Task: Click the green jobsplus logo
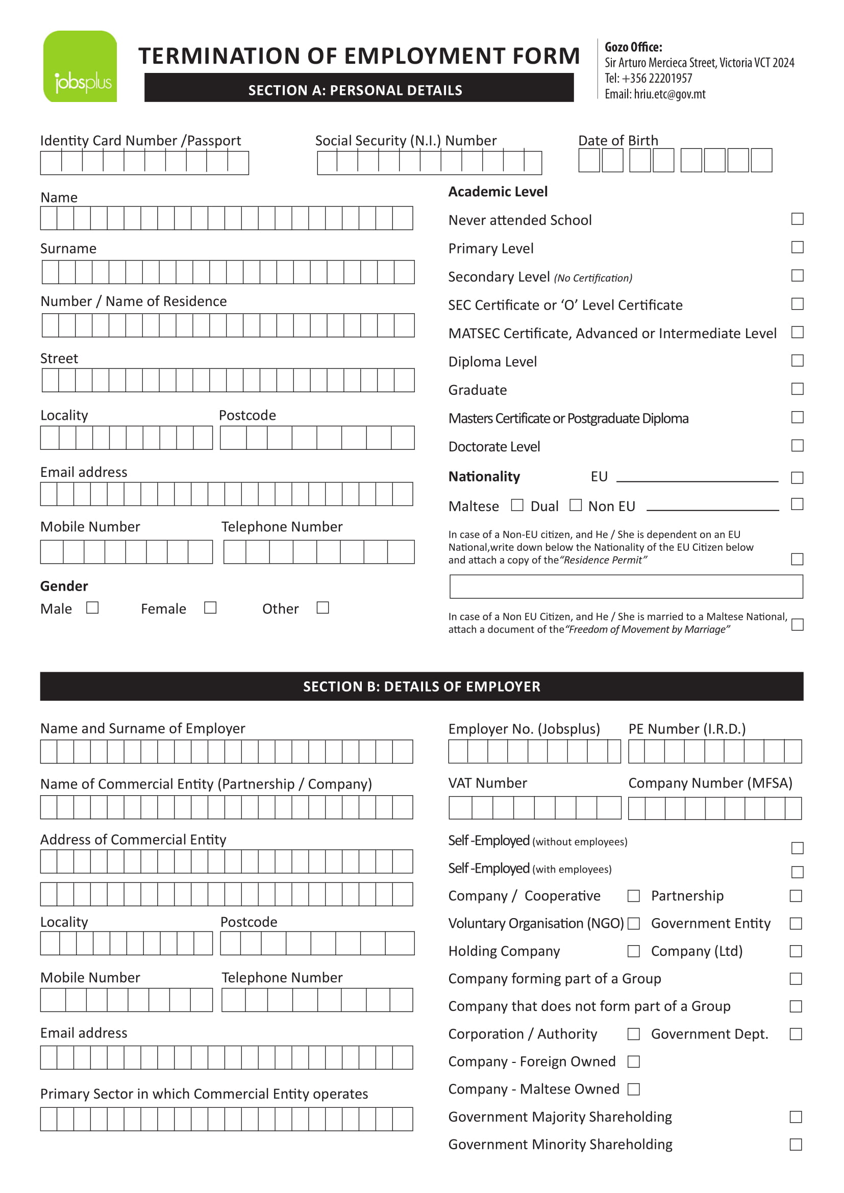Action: tap(80, 66)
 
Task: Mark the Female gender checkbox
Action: tap(210, 607)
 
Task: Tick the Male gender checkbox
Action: tap(92, 607)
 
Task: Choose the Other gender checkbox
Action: tap(322, 607)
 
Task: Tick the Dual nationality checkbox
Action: tap(575, 505)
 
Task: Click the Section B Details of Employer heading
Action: tap(421, 687)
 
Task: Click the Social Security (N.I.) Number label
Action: tap(405, 141)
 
